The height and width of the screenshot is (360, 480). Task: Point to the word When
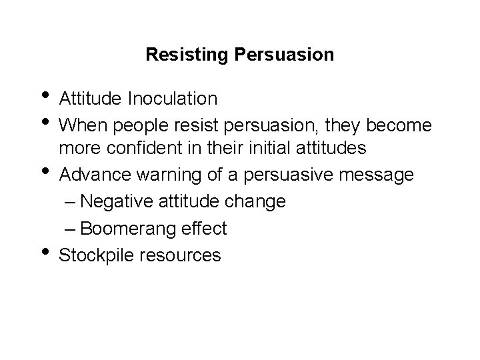(80, 125)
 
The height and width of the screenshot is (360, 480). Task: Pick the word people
(131, 125)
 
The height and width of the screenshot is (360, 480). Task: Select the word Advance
(90, 175)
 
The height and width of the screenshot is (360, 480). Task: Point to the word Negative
(121, 201)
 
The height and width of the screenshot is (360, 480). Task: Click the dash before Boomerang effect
(71, 229)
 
